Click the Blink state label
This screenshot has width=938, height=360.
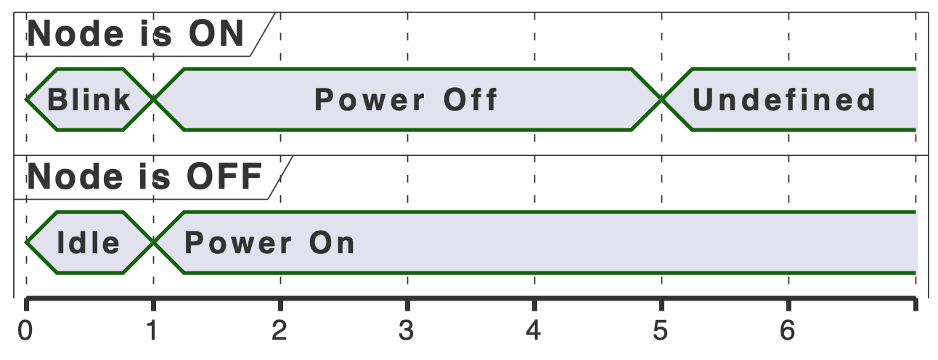89,99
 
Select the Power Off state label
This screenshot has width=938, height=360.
407,99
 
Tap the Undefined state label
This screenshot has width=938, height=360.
785,99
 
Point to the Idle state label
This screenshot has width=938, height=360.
89,242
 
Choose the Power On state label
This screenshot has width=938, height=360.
270,242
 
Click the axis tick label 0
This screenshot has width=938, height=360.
26,331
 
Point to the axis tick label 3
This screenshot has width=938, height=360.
407,331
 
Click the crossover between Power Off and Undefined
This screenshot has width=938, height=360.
661,99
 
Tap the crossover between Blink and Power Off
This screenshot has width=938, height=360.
153,99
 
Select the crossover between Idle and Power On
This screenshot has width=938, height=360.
153,242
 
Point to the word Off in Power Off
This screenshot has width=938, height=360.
470,99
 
